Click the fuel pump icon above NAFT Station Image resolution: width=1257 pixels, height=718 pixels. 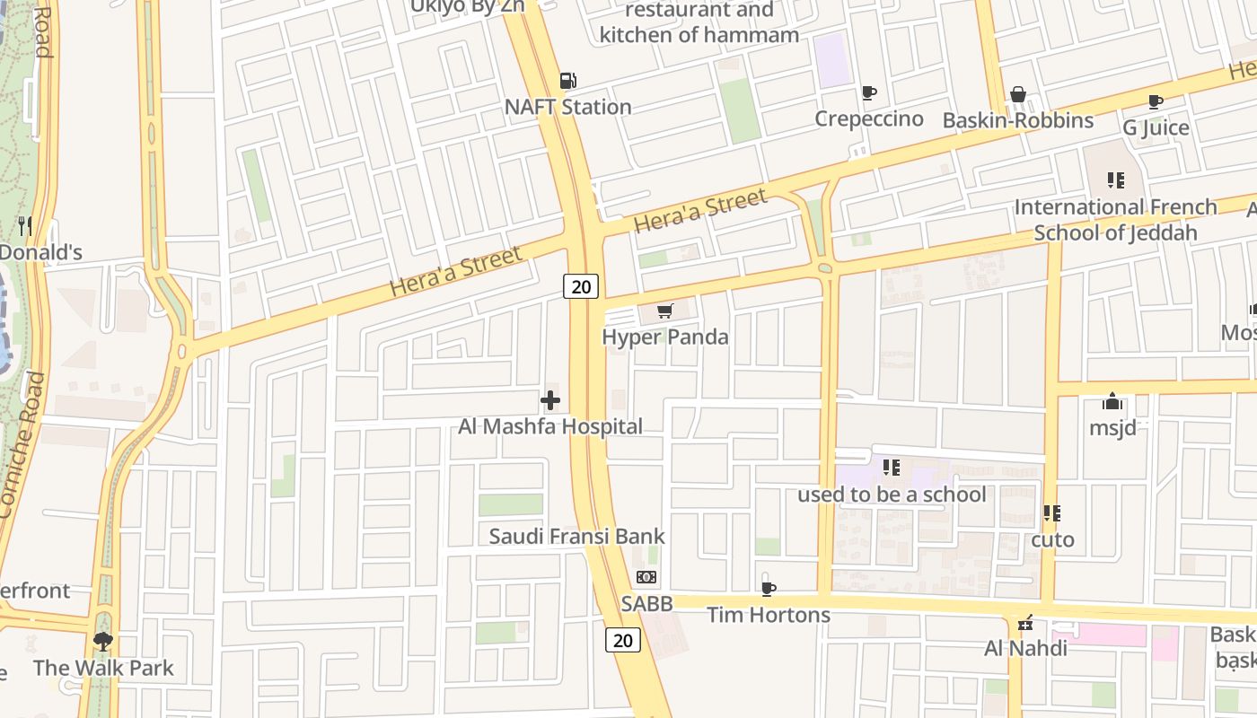pyautogui.click(x=567, y=81)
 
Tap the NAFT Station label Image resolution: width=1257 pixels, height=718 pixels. pyautogui.click(x=567, y=107)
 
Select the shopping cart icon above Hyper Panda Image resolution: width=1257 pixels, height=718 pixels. pyautogui.click(x=664, y=311)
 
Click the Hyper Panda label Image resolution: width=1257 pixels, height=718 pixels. pyautogui.click(x=665, y=337)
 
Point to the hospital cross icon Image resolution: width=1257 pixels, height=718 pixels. pyautogui.click(x=550, y=400)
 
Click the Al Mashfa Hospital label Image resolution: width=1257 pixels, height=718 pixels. pyautogui.click(x=550, y=426)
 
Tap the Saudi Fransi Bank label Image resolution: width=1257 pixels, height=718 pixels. pyautogui.click(x=576, y=537)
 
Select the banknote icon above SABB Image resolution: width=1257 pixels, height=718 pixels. pyautogui.click(x=646, y=577)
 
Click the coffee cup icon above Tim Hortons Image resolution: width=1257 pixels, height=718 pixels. pyautogui.click(x=768, y=589)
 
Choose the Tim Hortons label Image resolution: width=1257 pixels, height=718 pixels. pyautogui.click(x=768, y=615)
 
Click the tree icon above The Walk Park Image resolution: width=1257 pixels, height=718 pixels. pyautogui.click(x=103, y=642)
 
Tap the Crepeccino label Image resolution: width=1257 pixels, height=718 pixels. pyautogui.click(x=868, y=118)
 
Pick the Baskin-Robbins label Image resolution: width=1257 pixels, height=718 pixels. pyautogui.click(x=1017, y=120)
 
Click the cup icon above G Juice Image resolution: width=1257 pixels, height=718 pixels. pyautogui.click(x=1156, y=102)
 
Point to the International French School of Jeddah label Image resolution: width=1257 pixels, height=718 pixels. pyautogui.click(x=1115, y=220)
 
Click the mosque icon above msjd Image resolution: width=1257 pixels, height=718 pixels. pyautogui.click(x=1112, y=401)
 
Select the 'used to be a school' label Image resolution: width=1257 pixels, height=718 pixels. pyautogui.click(x=892, y=495)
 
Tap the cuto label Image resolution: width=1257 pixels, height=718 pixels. pyautogui.click(x=1052, y=539)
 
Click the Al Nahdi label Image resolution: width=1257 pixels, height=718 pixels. pyautogui.click(x=1025, y=648)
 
